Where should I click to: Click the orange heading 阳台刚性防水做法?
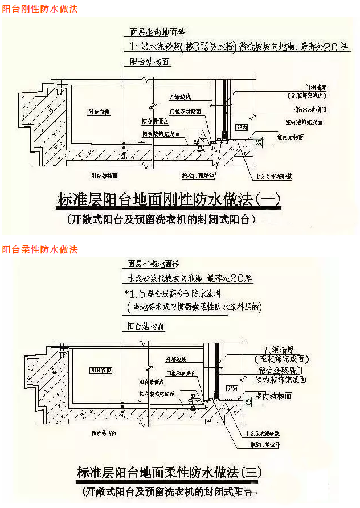[40, 9]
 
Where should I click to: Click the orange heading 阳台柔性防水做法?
[40, 250]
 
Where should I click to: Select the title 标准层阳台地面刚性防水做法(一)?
[169, 199]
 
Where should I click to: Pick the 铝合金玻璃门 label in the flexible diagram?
[282, 369]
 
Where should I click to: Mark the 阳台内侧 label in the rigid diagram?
[97, 112]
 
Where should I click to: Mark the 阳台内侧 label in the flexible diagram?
[100, 370]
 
